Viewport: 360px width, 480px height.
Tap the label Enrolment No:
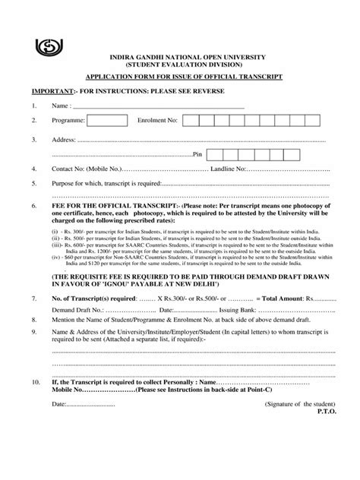[x=157, y=121]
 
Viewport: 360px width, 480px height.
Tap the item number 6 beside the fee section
[x=33, y=206]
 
